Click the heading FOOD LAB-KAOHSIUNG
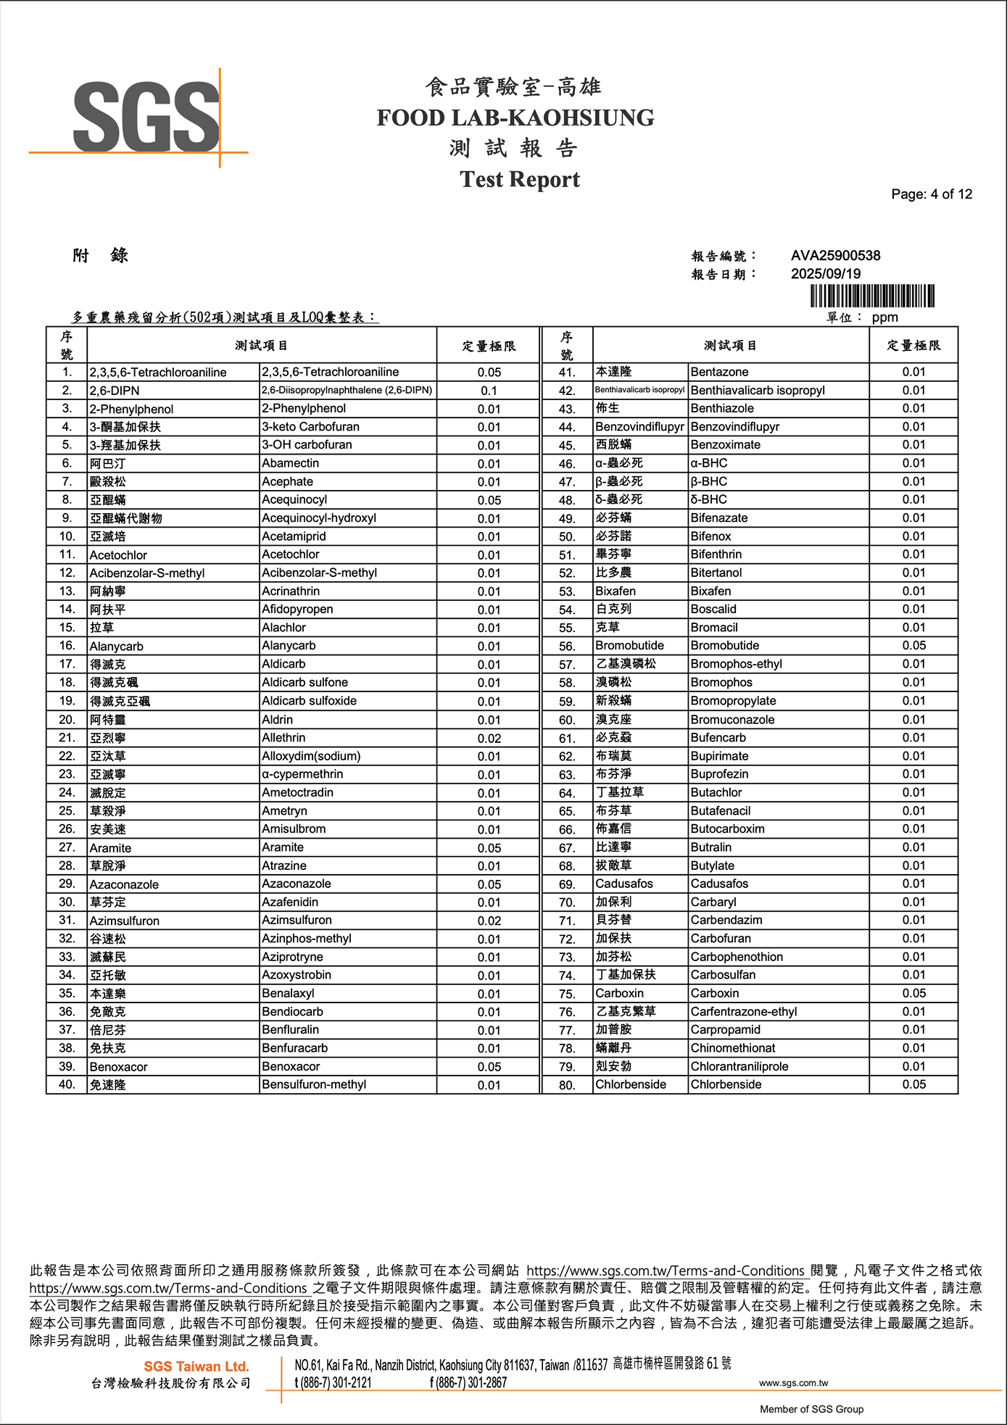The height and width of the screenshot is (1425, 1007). (515, 118)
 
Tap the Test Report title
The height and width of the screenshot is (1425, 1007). (519, 179)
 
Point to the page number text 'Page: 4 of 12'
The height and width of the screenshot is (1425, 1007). (931, 194)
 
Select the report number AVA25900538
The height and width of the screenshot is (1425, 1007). (835, 256)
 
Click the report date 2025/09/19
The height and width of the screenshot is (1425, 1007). (825, 274)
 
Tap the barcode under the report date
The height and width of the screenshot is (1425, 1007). (872, 296)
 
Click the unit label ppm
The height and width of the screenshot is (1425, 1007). (884, 317)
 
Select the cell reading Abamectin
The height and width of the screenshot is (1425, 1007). (290, 463)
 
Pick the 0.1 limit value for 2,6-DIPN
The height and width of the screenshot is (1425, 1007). (489, 391)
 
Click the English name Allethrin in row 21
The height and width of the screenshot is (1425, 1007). (283, 738)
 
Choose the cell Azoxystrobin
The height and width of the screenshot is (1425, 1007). (297, 975)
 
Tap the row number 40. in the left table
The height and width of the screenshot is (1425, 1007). (67, 1084)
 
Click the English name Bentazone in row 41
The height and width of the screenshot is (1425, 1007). (719, 372)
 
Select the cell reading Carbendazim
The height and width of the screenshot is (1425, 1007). (726, 920)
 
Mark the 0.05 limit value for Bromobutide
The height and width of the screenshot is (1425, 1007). (913, 646)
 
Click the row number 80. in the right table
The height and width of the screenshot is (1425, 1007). (567, 1085)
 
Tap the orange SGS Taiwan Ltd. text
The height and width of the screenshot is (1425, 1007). (196, 1366)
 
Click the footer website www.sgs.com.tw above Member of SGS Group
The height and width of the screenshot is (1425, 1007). (793, 1383)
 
